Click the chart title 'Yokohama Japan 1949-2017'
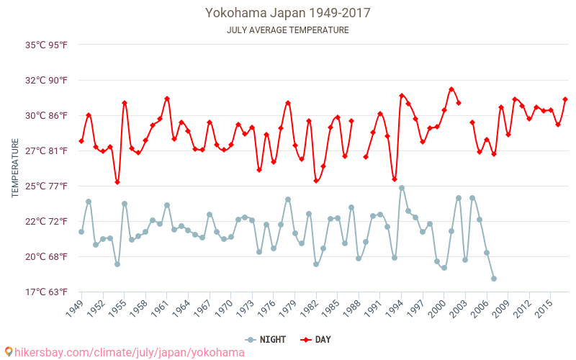click(287, 13)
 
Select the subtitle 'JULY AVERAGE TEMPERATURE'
click(287, 30)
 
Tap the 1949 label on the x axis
click(74, 309)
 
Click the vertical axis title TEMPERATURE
click(15, 168)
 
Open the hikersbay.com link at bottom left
click(124, 352)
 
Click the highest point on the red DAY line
click(451, 89)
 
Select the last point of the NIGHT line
click(494, 279)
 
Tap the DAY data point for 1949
click(81, 141)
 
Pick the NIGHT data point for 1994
click(402, 188)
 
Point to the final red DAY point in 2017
click(565, 99)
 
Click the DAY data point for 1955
click(125, 103)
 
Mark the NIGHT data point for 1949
click(81, 232)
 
